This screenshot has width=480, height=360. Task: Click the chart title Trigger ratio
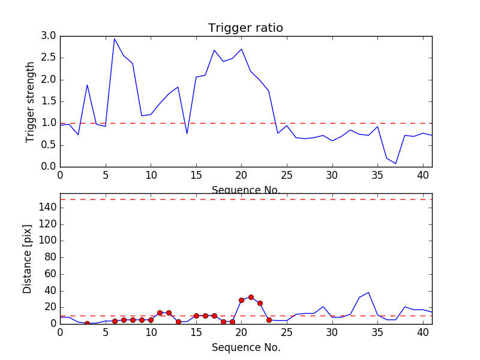[x=245, y=28]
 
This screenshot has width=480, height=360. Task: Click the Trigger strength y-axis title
[x=31, y=101]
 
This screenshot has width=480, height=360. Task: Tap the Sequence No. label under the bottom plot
[x=245, y=347]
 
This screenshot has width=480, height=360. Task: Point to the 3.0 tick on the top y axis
[x=49, y=36]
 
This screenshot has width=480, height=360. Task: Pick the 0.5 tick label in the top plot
[x=49, y=145]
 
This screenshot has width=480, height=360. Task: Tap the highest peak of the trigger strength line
[x=115, y=38]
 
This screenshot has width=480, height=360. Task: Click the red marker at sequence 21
[x=251, y=297]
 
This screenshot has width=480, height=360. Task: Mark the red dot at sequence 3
[x=87, y=323]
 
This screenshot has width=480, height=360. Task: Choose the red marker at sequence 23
[x=269, y=320]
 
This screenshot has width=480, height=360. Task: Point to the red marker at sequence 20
[x=241, y=300]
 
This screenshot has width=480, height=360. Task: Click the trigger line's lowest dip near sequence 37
[x=395, y=163]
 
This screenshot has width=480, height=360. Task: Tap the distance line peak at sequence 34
[x=368, y=292]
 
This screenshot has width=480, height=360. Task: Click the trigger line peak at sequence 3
[x=87, y=85]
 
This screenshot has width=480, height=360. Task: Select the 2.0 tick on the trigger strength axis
[x=49, y=79]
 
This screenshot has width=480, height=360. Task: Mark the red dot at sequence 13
[x=178, y=322]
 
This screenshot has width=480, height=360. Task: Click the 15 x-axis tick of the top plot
[x=196, y=176]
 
